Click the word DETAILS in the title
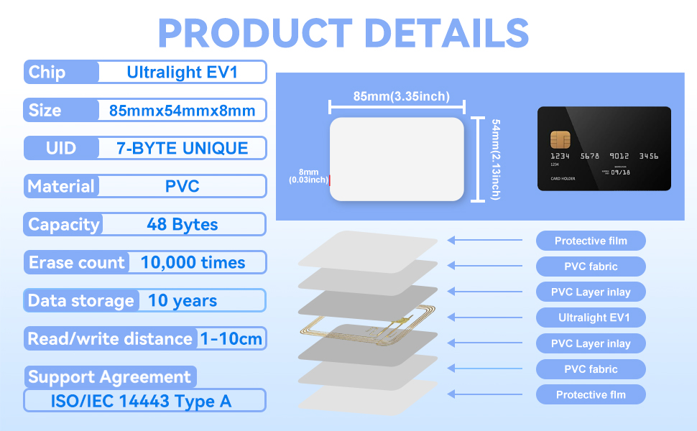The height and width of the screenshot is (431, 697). point(446,33)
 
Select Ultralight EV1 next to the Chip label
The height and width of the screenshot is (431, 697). point(183,72)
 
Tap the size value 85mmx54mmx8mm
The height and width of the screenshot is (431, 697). point(183,110)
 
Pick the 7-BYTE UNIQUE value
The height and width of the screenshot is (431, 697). point(183,148)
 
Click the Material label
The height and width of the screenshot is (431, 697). point(61,186)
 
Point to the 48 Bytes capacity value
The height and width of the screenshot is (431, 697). point(183,224)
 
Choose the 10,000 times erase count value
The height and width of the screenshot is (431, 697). point(193,263)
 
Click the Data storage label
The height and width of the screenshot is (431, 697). point(81,301)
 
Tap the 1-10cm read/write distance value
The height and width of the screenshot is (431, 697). point(231,339)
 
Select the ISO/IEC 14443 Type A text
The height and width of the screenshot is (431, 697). point(141,402)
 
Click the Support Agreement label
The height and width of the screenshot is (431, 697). point(109,377)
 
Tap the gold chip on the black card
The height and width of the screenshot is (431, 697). point(560,139)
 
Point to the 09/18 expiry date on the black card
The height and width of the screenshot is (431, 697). point(621,172)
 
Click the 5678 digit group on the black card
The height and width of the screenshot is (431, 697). point(590,156)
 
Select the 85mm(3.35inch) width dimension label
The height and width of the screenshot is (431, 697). point(402,96)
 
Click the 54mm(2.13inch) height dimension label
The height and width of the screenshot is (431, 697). point(496,159)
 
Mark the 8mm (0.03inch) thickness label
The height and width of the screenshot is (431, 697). point(308,176)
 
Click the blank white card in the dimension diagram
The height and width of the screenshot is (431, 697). point(397,159)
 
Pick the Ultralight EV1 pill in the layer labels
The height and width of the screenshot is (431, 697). point(591,318)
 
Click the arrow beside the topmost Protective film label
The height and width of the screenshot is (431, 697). point(485,240)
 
